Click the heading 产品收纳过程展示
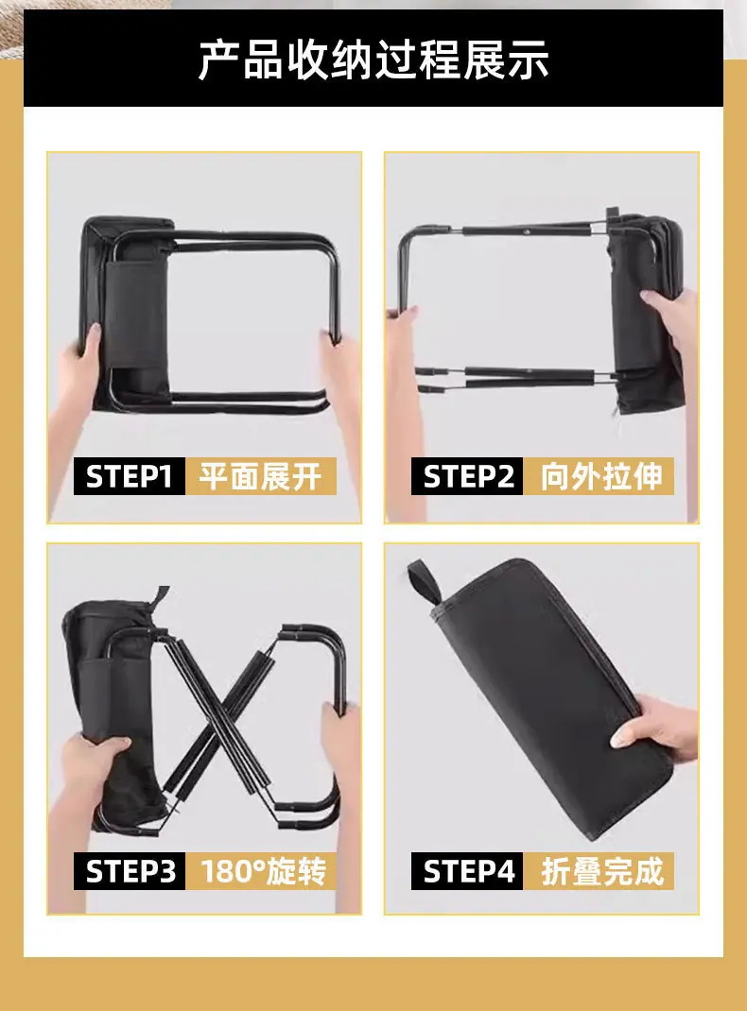(x=373, y=60)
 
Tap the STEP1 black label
(x=130, y=476)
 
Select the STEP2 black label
(x=467, y=476)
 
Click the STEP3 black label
(x=130, y=871)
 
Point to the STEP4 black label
(x=467, y=871)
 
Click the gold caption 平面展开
(x=261, y=476)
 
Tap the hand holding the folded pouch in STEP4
(x=654, y=728)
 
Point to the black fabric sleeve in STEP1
(x=137, y=315)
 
